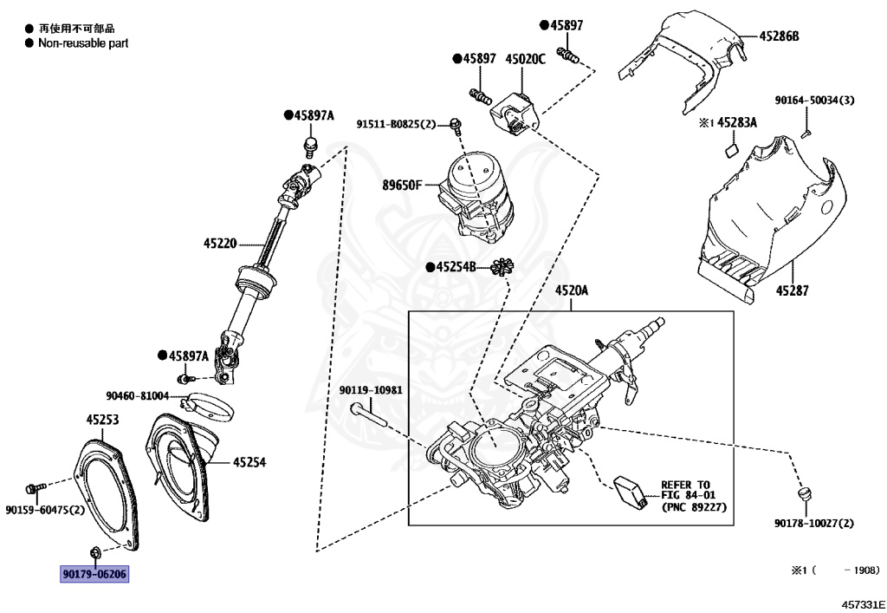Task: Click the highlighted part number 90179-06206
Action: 94,574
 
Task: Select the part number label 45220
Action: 220,244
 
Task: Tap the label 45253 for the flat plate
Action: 102,421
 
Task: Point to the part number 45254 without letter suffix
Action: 249,462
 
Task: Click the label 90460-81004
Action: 138,395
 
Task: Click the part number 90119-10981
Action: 371,389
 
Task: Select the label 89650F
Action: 403,185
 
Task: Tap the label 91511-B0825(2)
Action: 397,125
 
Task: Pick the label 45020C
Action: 526,58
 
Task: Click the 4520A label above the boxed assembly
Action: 571,292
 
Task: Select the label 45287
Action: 792,291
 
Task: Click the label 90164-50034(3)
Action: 814,101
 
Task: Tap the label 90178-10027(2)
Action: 813,523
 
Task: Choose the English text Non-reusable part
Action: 83,42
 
